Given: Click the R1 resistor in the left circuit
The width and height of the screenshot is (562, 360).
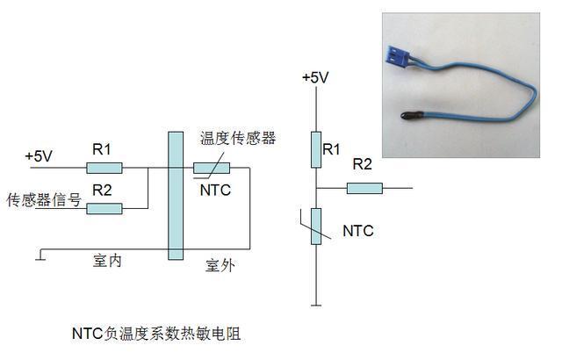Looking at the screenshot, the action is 104,168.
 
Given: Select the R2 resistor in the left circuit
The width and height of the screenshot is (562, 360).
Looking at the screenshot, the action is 104,208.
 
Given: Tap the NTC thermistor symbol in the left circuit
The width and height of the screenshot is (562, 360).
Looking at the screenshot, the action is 212,168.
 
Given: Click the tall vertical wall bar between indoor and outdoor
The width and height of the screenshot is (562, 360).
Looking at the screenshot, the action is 176,196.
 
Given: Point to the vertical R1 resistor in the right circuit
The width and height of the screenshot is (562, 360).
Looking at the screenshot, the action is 316,150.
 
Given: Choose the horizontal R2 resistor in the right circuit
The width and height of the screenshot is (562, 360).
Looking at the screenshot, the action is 364,189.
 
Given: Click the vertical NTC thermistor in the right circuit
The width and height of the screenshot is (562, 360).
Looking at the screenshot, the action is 316,227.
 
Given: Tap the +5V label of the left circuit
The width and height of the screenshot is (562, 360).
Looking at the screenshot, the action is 39,156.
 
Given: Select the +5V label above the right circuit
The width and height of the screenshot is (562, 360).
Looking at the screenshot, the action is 315,78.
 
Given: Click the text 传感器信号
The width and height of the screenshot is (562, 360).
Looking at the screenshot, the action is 44,199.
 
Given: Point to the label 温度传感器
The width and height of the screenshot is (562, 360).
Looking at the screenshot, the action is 238,138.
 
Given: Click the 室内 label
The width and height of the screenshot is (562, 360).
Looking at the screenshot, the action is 107,261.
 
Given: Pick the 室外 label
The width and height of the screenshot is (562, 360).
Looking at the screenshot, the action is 220,265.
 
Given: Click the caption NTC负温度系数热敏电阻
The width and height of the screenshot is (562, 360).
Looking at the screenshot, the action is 156,334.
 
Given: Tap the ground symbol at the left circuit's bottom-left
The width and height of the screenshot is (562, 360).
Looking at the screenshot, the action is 40,255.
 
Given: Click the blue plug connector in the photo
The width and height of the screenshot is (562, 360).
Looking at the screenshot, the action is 398,56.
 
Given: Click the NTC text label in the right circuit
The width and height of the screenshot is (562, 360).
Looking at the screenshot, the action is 358,231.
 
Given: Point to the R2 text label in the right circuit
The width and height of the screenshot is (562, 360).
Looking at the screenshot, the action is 363,164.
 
